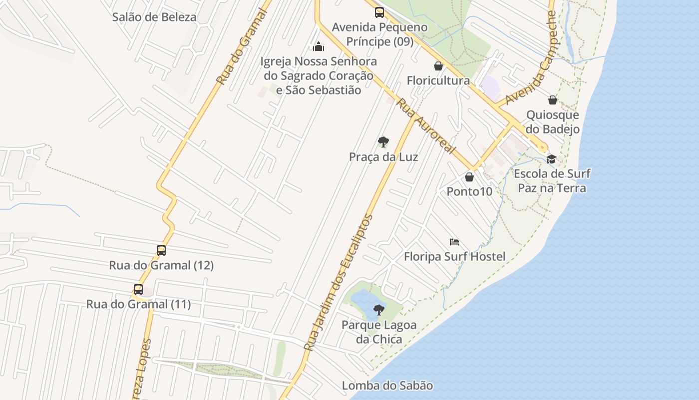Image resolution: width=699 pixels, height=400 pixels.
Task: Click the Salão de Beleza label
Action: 154,17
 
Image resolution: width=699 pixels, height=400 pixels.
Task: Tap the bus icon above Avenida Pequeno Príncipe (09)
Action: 379,12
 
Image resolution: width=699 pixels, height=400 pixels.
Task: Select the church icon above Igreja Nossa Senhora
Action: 319,46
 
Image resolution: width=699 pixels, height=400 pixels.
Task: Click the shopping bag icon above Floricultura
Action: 438,66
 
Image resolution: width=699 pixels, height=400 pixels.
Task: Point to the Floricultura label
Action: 438,80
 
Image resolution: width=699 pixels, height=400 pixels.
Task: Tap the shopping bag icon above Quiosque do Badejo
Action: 553,100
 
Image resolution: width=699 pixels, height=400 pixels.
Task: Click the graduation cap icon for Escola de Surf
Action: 551,159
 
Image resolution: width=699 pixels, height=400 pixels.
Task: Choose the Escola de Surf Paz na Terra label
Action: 552,180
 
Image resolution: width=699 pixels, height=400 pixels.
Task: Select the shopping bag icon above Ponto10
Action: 469,177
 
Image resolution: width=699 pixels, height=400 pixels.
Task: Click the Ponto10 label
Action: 469,191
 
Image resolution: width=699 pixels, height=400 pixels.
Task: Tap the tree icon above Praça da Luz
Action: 383,142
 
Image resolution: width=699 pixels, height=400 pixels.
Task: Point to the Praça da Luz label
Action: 383,157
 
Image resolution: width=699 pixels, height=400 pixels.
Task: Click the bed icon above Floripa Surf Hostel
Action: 454,242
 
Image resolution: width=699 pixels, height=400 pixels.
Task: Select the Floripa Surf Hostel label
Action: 454,257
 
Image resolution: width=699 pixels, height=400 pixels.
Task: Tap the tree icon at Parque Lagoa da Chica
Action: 379,310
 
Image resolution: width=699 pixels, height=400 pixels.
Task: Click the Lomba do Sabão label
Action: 387,385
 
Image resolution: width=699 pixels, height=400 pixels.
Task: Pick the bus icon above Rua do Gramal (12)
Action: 161,250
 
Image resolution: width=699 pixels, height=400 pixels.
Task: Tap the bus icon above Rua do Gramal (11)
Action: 138,289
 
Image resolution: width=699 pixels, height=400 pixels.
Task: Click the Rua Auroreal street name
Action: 426,126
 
